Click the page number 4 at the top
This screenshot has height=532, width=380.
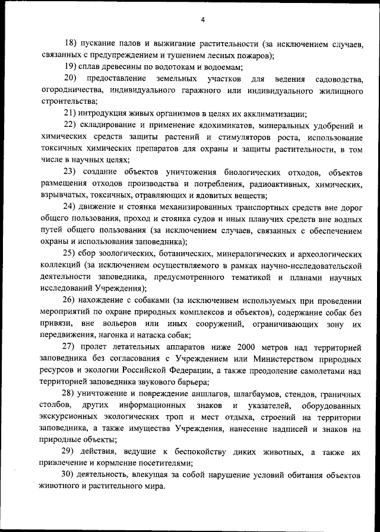point(202,20)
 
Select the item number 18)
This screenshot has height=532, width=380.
point(71,44)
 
